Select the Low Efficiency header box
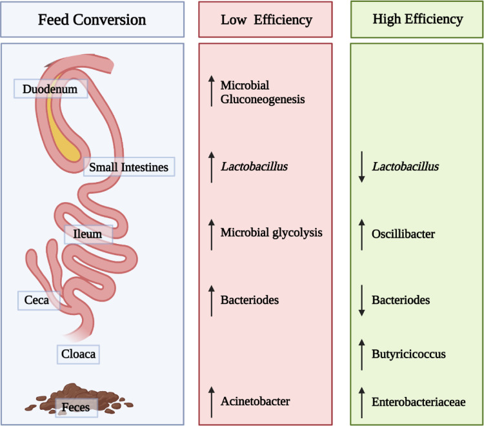[x=266, y=19]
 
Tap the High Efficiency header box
[x=418, y=19]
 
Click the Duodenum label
[x=50, y=90]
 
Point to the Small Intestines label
[x=129, y=167]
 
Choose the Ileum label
[x=88, y=234]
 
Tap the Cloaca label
[x=78, y=354]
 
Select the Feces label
[x=76, y=407]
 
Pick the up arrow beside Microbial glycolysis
[x=210, y=232]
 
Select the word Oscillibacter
[x=403, y=234]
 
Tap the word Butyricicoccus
[x=408, y=354]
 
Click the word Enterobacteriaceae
[x=418, y=401]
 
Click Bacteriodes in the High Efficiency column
[x=401, y=300]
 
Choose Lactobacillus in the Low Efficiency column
[x=254, y=167]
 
